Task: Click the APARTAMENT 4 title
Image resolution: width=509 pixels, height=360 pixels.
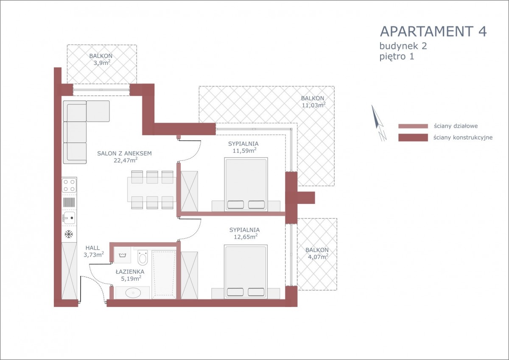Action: coord(433,31)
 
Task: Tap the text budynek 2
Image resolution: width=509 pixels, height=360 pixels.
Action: coord(403,46)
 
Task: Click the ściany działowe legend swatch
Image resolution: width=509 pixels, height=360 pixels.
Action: coord(413,126)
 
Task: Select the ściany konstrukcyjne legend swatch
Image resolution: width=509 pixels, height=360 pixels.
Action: coord(413,137)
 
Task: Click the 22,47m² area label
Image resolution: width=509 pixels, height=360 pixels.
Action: coord(126,160)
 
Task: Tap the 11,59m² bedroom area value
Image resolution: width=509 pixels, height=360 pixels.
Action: coord(244,151)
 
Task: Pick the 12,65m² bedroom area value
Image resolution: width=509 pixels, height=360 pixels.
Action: coord(246,237)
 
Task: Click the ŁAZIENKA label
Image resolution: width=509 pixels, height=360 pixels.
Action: coord(130,271)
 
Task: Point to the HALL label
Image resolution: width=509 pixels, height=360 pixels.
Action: coord(92,248)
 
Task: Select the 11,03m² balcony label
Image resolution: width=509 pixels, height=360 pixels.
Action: coord(313,105)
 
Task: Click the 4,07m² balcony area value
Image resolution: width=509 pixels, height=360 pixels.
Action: coord(318,257)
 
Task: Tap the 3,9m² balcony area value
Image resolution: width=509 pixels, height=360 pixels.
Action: coord(102,62)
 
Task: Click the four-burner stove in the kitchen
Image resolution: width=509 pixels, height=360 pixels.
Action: coord(69,185)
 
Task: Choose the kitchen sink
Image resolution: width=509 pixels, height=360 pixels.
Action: coord(69,218)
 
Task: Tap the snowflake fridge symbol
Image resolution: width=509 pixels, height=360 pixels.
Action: coord(69,234)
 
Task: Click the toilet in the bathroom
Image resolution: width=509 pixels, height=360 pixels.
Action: coord(143,257)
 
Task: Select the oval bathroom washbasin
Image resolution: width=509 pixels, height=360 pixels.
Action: coord(133,293)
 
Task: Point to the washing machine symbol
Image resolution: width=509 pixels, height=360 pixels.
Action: coord(122,255)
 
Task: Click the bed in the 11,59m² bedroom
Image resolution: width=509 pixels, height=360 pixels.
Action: coord(246,184)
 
